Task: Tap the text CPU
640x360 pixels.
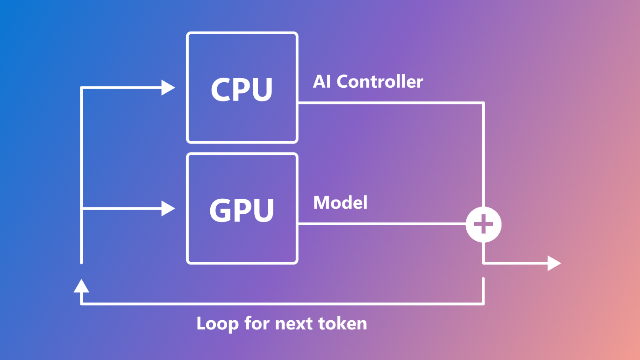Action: (242, 89)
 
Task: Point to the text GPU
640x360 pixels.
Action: (242, 210)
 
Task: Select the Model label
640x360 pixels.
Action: (340, 202)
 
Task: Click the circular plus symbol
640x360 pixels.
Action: (483, 225)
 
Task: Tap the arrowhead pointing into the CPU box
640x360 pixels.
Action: (168, 88)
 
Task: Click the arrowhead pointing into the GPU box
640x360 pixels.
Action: (168, 209)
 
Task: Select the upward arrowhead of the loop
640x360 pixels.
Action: (81, 286)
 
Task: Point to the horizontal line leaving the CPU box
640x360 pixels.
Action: (389, 103)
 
